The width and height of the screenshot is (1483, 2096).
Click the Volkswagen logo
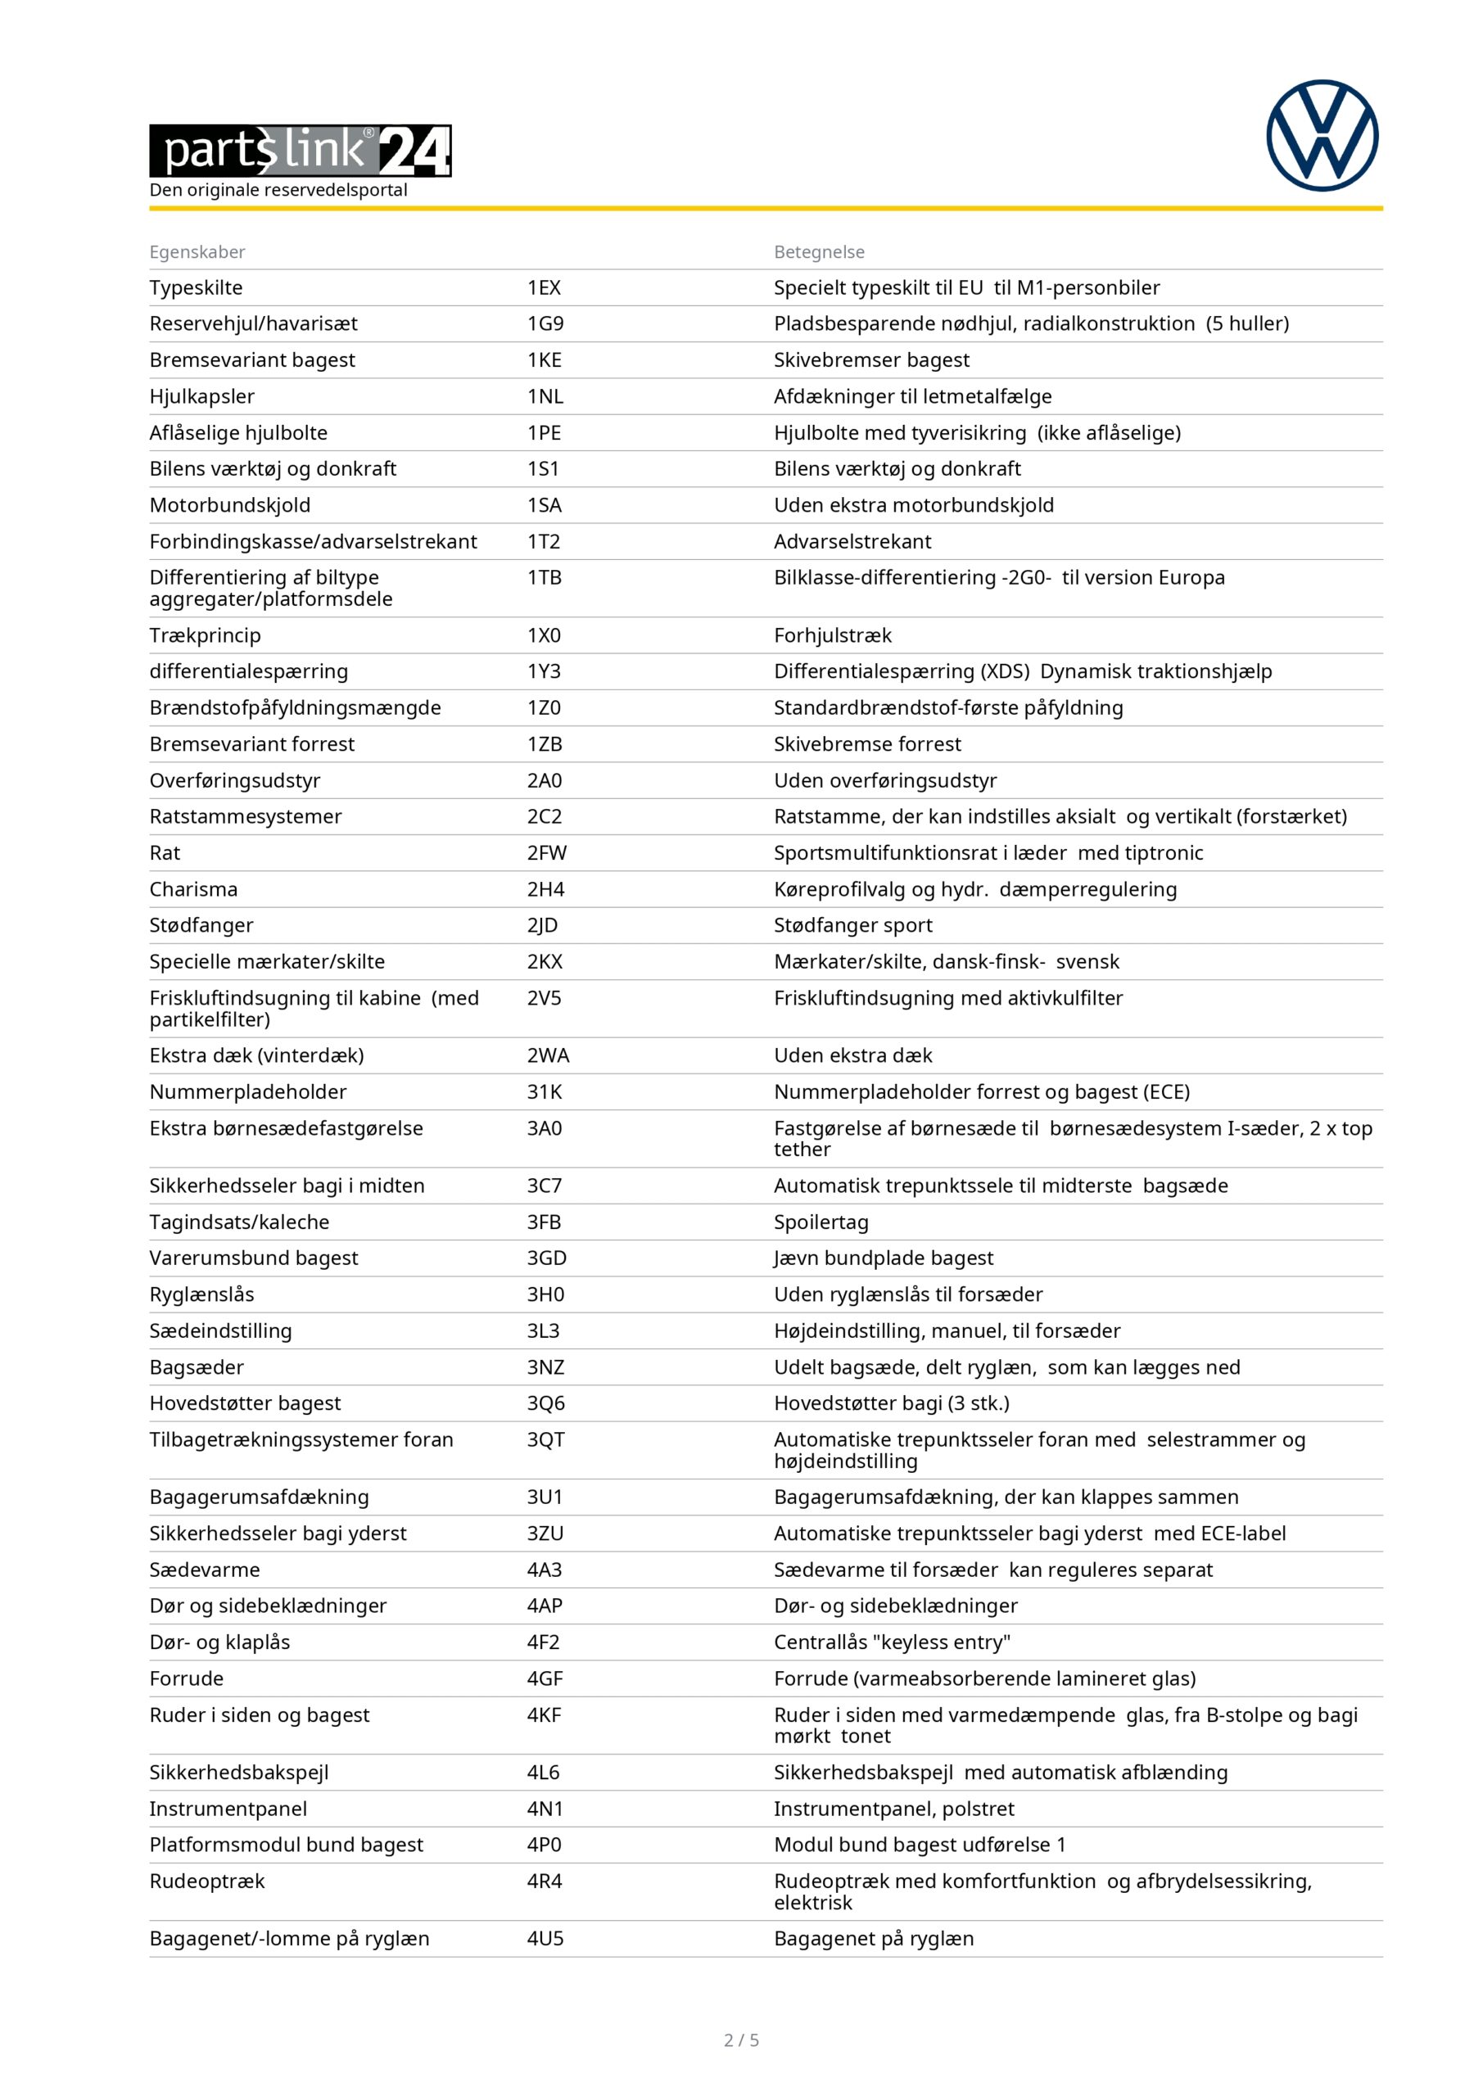tap(1322, 136)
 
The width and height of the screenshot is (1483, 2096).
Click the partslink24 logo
tap(301, 151)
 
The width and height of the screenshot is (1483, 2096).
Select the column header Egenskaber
tap(197, 252)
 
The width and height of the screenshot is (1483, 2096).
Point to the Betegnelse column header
tap(819, 252)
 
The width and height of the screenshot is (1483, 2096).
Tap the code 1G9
tap(545, 323)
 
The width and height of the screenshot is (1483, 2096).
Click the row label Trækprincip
tap(206, 635)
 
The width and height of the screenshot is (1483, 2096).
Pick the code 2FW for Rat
tap(546, 852)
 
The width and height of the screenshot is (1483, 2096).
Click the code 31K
tap(545, 1092)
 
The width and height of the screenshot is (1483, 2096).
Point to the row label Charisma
tap(193, 889)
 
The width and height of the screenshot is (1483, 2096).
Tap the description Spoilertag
tap(821, 1222)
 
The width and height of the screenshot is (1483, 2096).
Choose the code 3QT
tap(545, 1439)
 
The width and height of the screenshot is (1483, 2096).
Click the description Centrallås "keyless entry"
tap(892, 1642)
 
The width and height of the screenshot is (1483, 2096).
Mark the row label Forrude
tap(186, 1678)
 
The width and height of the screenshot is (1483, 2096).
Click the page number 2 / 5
tap(742, 2040)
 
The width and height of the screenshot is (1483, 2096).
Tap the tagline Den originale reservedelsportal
tap(278, 190)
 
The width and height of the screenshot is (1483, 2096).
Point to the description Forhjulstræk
tap(833, 635)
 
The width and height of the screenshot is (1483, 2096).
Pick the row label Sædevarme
tap(205, 1570)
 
